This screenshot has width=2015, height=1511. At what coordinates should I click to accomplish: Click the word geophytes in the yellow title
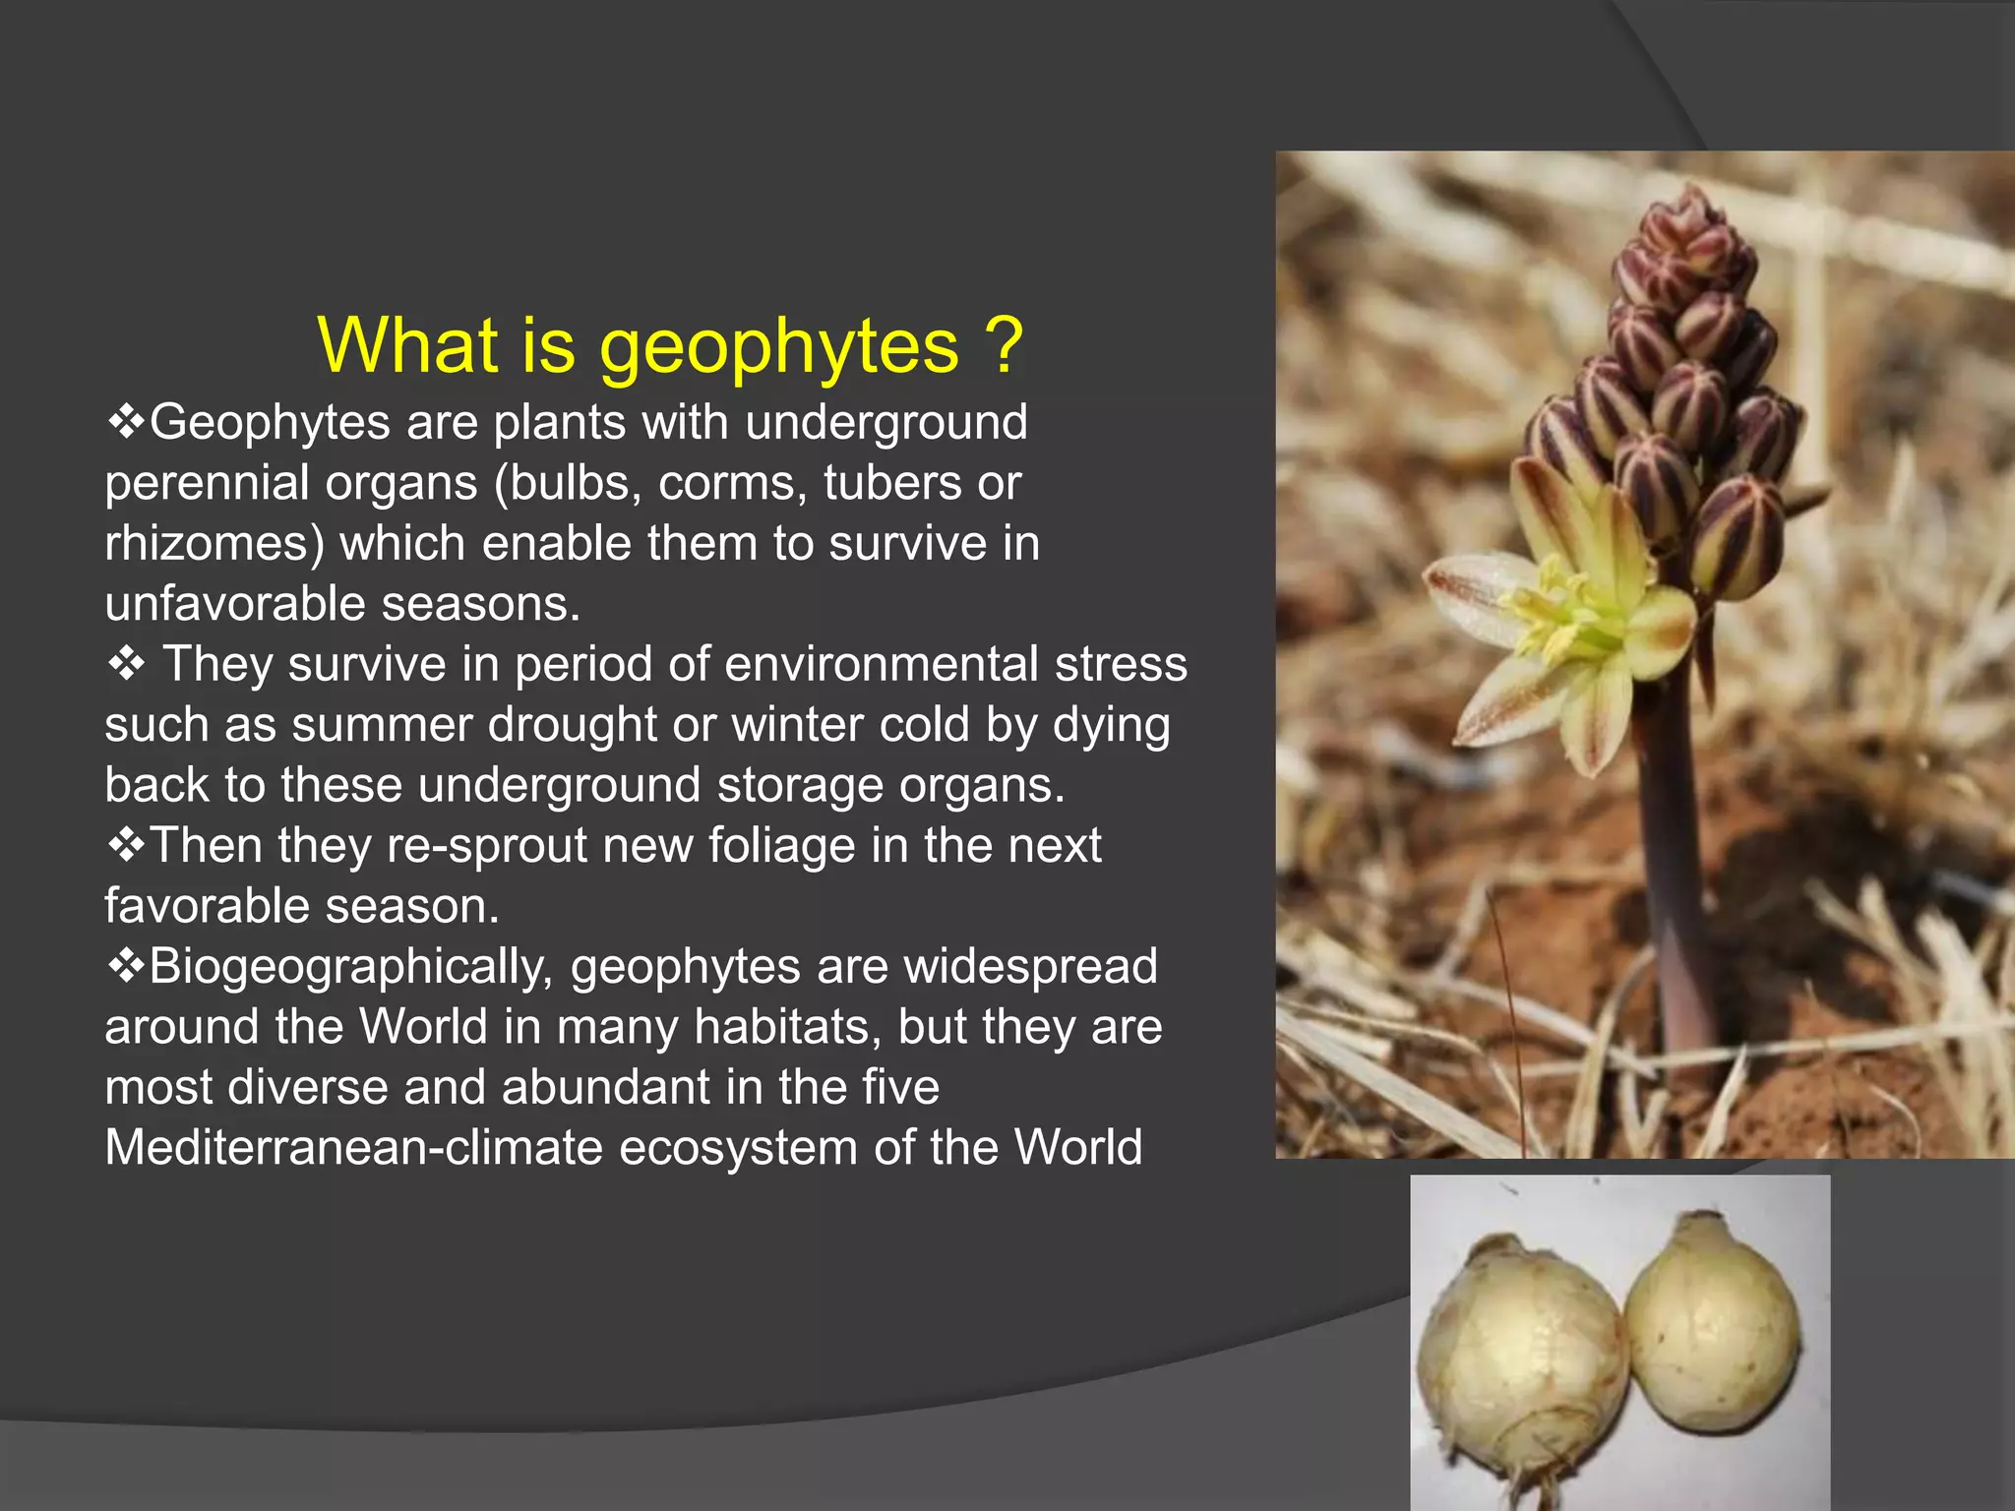coord(778,346)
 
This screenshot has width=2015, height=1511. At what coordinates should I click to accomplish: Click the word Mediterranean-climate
coord(353,1148)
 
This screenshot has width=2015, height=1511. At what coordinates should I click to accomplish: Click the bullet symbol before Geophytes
coord(126,423)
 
